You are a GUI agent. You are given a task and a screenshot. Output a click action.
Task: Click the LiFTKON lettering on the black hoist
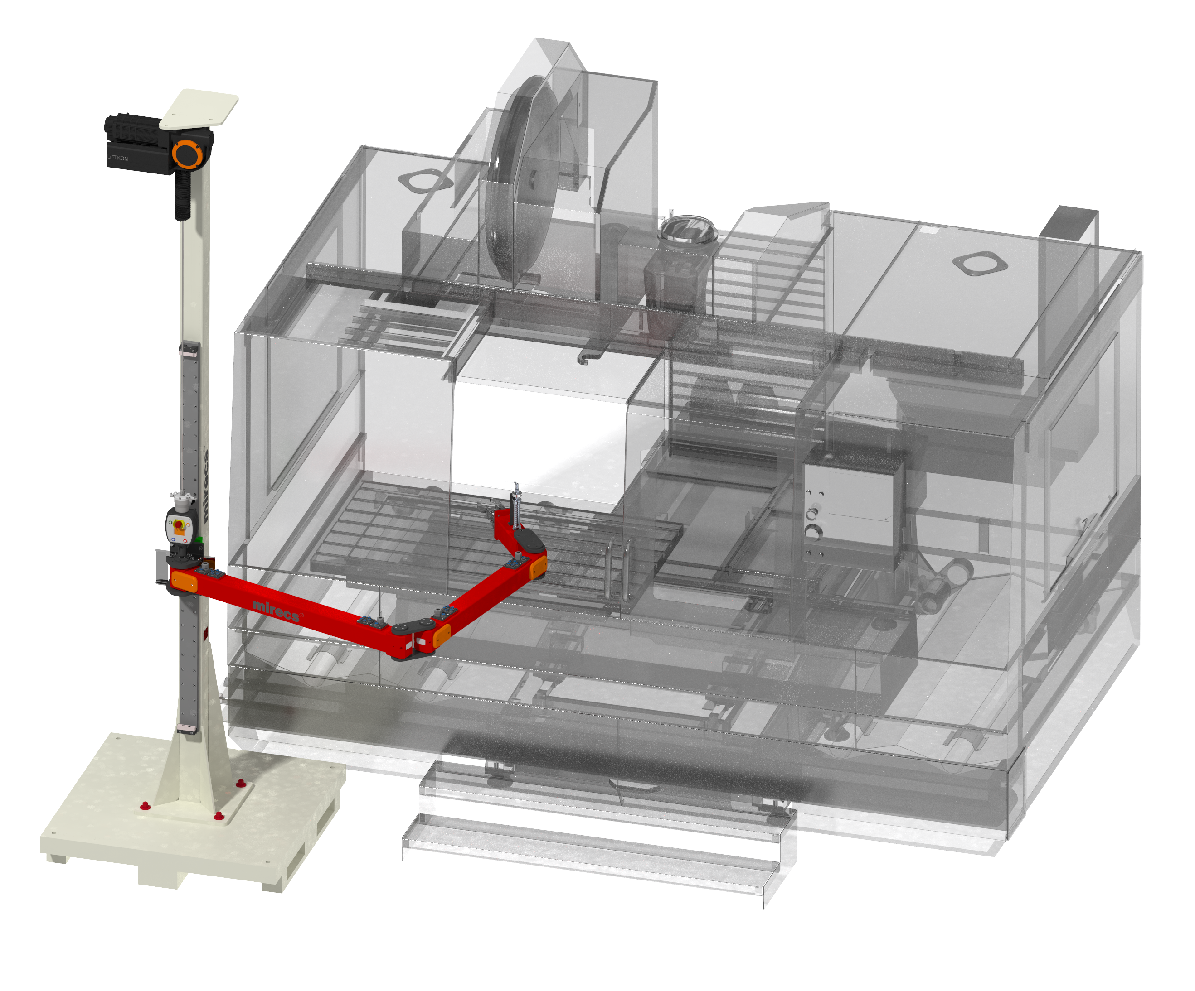click(118, 158)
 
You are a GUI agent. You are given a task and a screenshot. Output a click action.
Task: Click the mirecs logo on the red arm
click(277, 611)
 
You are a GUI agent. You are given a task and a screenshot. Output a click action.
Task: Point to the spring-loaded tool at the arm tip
click(516, 505)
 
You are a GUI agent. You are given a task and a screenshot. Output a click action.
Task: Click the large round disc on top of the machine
click(521, 179)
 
